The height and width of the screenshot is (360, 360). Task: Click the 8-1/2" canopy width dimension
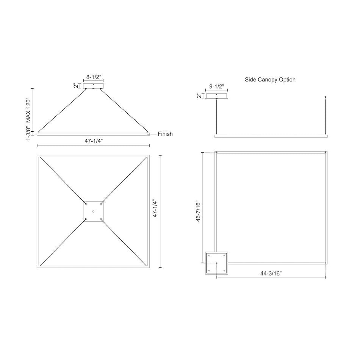[94, 77]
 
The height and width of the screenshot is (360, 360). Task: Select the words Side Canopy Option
[270, 80]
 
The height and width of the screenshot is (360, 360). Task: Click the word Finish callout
[165, 134]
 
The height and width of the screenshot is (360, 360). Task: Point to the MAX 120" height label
[28, 111]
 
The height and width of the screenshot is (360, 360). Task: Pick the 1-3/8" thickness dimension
[28, 133]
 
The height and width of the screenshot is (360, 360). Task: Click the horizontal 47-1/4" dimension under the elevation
[94, 141]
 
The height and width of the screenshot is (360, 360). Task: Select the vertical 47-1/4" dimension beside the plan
[155, 209]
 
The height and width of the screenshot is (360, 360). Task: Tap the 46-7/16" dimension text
[198, 211]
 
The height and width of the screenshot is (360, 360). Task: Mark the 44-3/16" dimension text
[271, 273]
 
